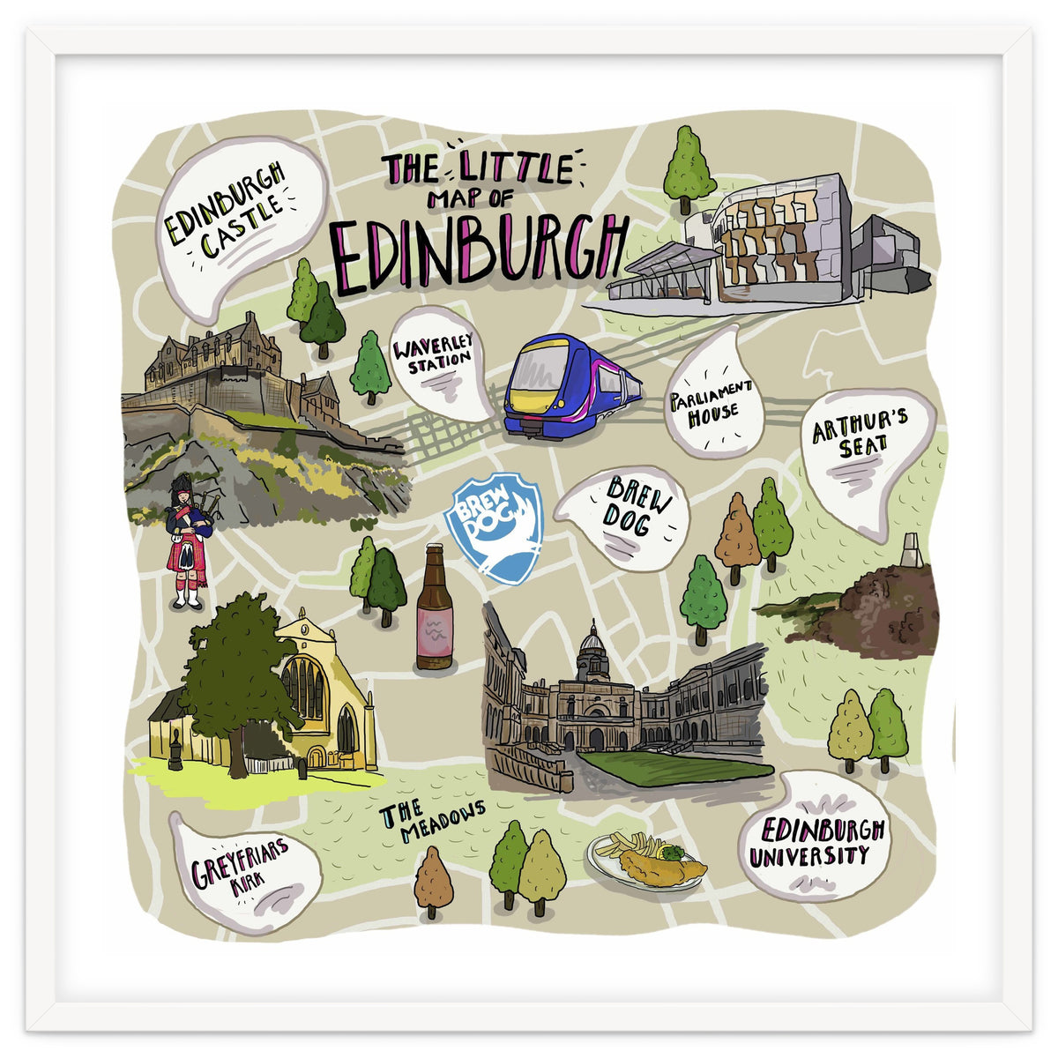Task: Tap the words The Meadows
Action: coord(432,819)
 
